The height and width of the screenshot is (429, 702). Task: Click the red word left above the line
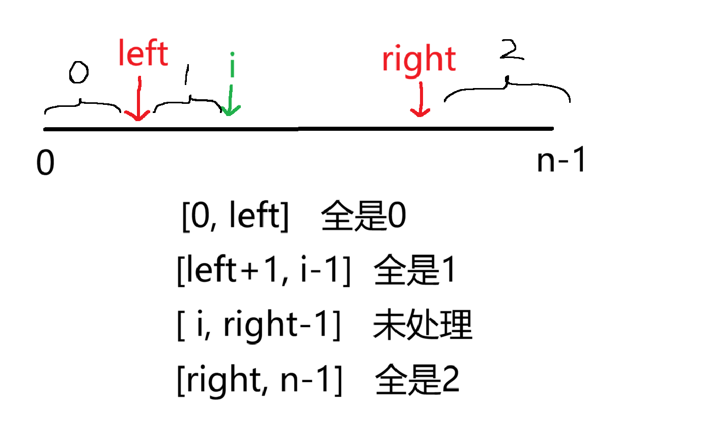(143, 54)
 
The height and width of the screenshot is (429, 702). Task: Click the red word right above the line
(418, 60)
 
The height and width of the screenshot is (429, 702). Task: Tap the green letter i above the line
(232, 65)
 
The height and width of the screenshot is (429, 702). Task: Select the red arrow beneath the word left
(138, 99)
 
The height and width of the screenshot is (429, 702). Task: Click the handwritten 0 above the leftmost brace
(78, 74)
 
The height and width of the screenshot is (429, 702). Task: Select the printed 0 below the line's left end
(45, 164)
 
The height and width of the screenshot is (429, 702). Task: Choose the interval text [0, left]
(235, 218)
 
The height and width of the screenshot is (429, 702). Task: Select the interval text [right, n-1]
(259, 380)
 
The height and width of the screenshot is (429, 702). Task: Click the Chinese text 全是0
(364, 218)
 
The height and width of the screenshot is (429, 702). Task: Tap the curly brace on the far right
(507, 91)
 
